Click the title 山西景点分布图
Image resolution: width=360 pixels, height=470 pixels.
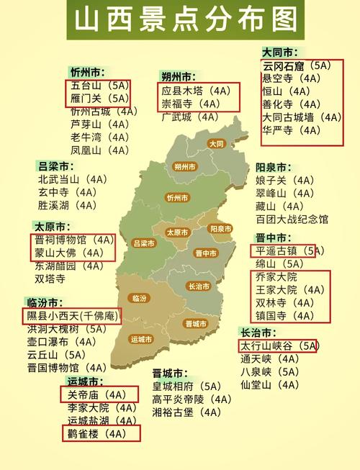click(x=180, y=19)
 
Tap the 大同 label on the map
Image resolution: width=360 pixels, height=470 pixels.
click(x=217, y=143)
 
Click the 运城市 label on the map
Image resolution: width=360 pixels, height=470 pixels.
click(x=141, y=338)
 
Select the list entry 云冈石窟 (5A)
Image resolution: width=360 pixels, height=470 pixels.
click(x=296, y=65)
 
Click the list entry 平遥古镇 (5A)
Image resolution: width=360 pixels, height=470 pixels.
click(x=287, y=251)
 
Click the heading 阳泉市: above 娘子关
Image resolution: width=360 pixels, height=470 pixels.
click(x=274, y=167)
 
